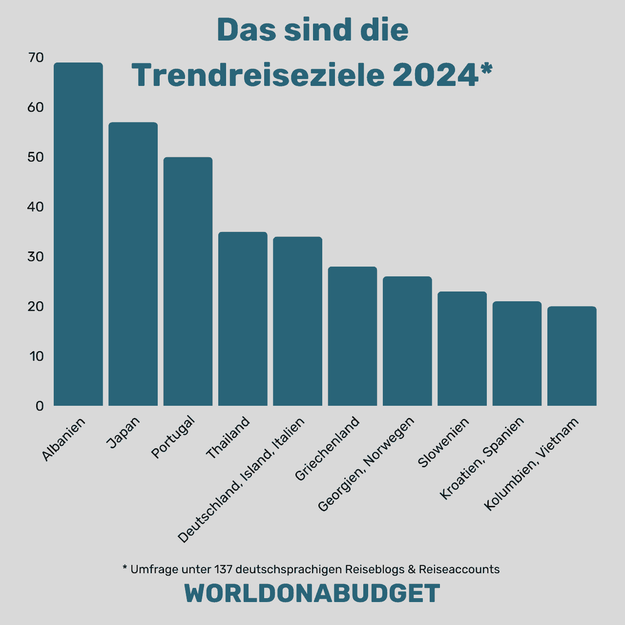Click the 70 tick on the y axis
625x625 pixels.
tap(36, 58)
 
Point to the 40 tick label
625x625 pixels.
tap(36, 207)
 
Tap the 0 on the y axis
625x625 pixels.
tap(40, 406)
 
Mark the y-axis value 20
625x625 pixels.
tap(36, 307)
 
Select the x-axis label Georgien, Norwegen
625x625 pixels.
tap(366, 464)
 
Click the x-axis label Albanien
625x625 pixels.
tap(64, 439)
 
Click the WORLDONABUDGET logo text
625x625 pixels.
tap(312, 594)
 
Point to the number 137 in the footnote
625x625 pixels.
tap(223, 569)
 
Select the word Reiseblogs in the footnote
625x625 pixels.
tap(375, 569)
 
